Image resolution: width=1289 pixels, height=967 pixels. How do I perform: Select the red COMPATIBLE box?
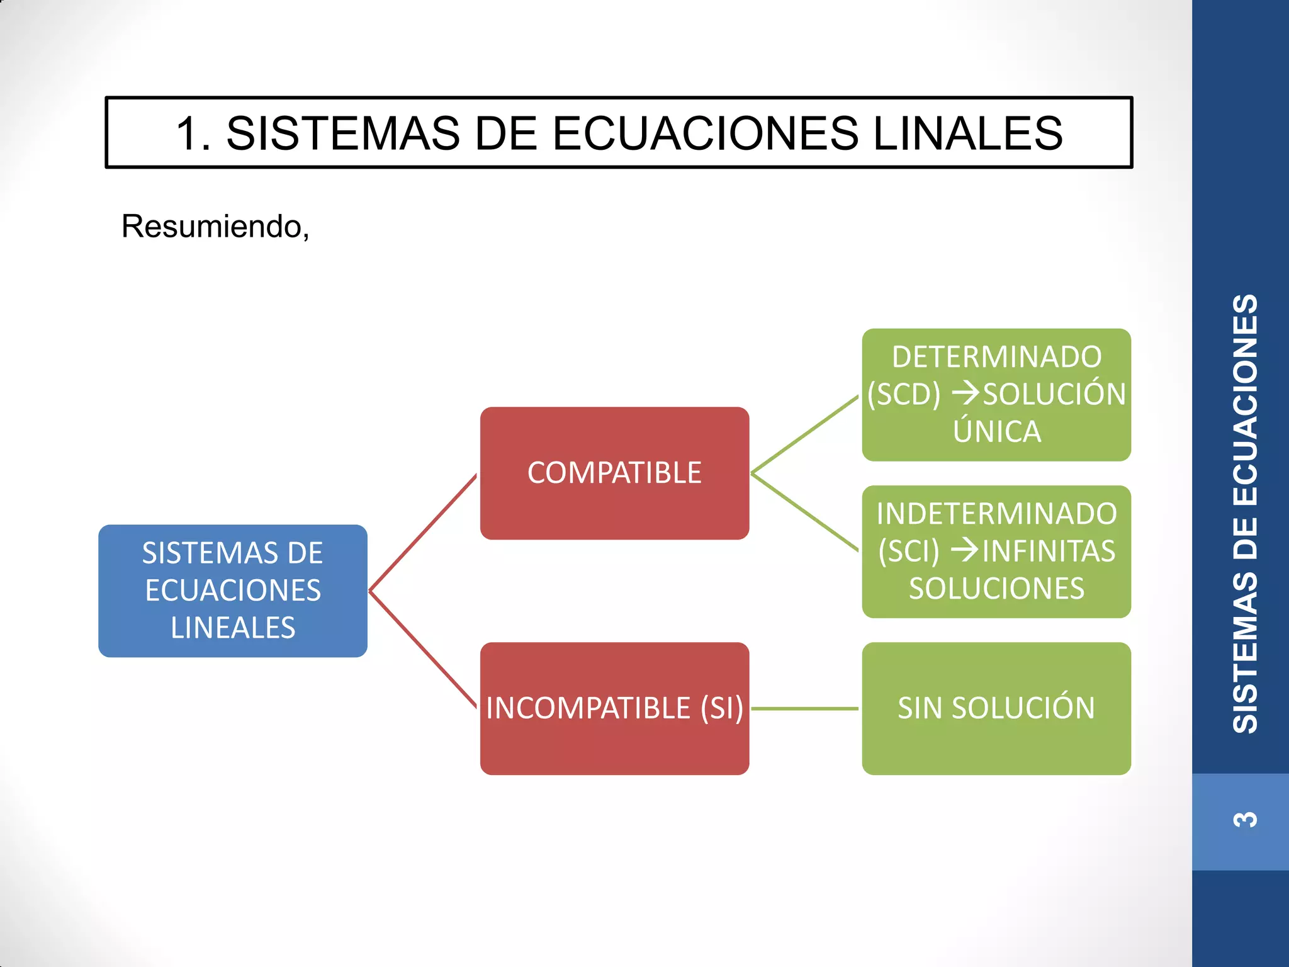pos(614,473)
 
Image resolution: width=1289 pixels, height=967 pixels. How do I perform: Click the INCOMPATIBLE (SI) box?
pos(614,708)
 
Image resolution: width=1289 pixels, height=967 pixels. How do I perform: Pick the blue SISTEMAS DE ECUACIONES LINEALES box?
pos(233,591)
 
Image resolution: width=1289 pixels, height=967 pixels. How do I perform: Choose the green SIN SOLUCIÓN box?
pos(996,708)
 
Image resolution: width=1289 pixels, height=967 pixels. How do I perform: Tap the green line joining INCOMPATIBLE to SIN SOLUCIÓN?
pos(805,708)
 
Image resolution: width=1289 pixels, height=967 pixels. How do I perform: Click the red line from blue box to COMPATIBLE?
pos(423,533)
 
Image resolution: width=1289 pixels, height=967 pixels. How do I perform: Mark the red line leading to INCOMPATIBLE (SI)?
pos(423,650)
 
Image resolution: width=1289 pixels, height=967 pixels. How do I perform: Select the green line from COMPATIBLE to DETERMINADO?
pos(805,434)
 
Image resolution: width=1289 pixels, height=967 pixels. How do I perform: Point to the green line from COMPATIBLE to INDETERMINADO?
pos(805,512)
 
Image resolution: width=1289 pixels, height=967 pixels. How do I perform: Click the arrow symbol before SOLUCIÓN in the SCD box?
pos(965,394)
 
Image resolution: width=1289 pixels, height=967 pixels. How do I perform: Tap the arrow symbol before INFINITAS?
pos(964,551)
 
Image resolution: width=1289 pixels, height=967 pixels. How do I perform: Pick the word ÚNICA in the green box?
pos(996,432)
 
